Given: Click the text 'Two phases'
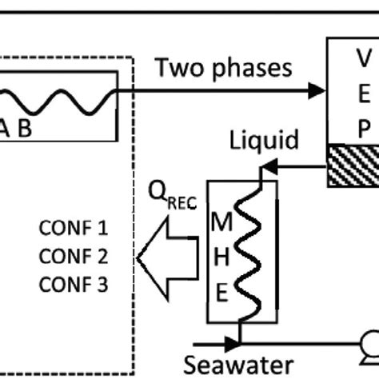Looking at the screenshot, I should tap(224, 68).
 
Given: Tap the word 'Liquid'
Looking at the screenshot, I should tap(265, 141).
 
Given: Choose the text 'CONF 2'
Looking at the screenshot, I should tap(73, 257).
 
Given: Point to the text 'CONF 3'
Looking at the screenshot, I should tap(73, 285).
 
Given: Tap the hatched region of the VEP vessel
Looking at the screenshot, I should tap(353, 165).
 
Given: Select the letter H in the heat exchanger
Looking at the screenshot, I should tap(221, 258).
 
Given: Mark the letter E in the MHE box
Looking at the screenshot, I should tap(221, 293).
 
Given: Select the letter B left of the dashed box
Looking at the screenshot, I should tap(26, 129).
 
